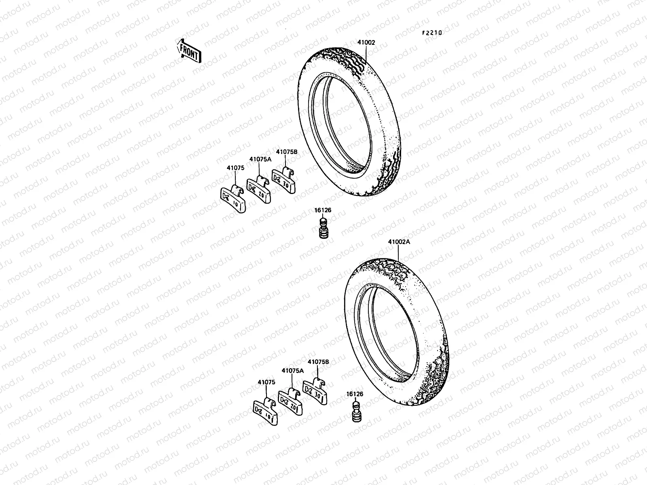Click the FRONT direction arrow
pos(189,52)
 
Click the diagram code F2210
pos(432,33)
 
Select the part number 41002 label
pos(366,42)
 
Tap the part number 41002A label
pos(399,242)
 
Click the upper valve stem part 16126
pos(323,228)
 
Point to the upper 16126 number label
pos(322,210)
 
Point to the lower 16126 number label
pos(355,394)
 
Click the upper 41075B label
pos(286,152)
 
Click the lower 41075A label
pos(292,370)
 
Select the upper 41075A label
pos(260,159)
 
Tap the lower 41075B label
pos(318,362)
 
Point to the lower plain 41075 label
pos(266,382)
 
